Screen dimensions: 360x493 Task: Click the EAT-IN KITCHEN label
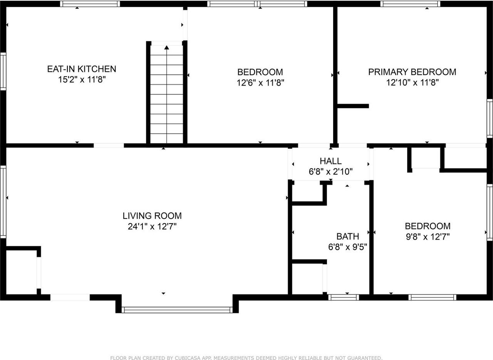pyautogui.click(x=81, y=69)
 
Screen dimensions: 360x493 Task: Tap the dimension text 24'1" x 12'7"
pyautogui.click(x=152, y=227)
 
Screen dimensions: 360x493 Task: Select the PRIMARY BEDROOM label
pyautogui.click(x=412, y=72)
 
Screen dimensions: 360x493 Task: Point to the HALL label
pyautogui.click(x=330, y=161)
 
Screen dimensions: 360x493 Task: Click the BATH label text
pyautogui.click(x=347, y=236)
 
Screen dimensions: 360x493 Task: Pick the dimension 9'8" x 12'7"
pyautogui.click(x=428, y=237)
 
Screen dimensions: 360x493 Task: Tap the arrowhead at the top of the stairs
pyautogui.click(x=167, y=47)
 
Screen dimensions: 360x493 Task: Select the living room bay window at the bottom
pyautogui.click(x=177, y=310)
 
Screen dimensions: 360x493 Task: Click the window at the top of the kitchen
pyautogui.click(x=90, y=4)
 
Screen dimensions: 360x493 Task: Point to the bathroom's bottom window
pyautogui.click(x=344, y=297)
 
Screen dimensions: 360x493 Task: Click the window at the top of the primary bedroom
pyautogui.click(x=411, y=4)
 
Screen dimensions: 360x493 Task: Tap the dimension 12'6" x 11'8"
pyautogui.click(x=260, y=82)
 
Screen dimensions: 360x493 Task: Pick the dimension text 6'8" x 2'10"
pyautogui.click(x=330, y=172)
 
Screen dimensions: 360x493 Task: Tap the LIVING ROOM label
pyautogui.click(x=152, y=216)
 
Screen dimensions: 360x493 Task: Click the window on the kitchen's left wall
pyautogui.click(x=3, y=72)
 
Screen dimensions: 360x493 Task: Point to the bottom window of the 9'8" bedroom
pyautogui.click(x=432, y=297)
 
